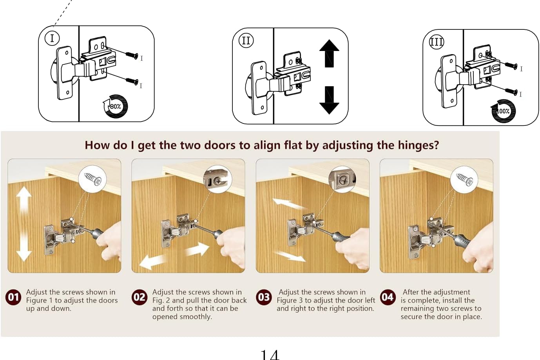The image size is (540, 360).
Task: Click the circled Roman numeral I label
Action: (52, 38)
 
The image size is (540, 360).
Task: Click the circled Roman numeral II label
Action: (246, 40)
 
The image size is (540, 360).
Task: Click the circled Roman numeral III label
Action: (436, 42)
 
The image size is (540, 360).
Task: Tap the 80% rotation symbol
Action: (116, 106)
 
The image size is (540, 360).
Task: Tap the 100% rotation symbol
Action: (503, 111)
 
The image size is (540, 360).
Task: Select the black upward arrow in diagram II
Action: (329, 54)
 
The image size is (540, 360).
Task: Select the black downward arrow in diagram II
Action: (329, 100)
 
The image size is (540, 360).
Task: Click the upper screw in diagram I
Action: (132, 55)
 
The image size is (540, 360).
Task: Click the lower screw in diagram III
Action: (511, 91)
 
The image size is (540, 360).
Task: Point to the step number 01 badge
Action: (13, 297)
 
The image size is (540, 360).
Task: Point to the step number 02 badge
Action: (140, 297)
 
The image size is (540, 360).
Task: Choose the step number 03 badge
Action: (264, 297)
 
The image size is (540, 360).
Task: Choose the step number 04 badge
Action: (388, 297)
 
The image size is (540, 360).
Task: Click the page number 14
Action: (270, 355)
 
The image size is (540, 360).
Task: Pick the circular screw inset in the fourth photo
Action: (464, 180)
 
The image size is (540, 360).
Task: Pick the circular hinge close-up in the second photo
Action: (217, 179)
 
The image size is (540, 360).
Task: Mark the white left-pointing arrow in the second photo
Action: (152, 262)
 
